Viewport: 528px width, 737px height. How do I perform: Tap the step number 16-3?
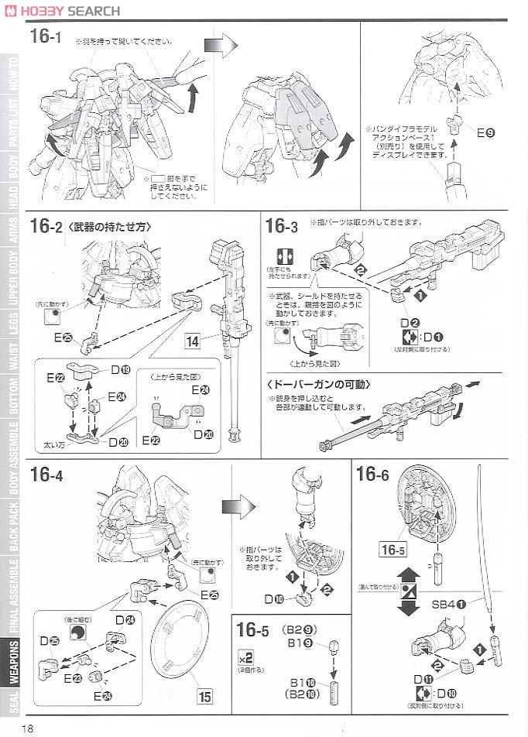(x=281, y=226)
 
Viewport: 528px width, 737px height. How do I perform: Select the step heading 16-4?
(x=46, y=475)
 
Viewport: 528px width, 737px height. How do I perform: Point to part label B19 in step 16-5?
(x=300, y=642)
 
